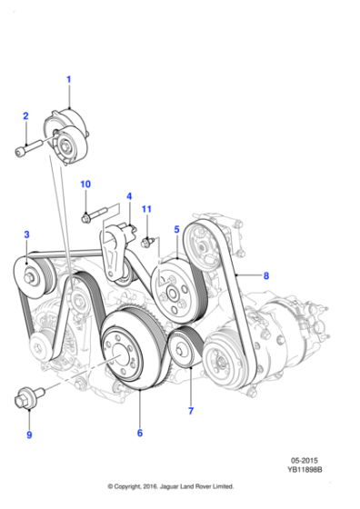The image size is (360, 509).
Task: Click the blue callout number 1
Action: coord(68,80)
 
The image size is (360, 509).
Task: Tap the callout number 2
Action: coord(25,116)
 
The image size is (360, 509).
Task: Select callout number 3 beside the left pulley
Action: coord(26,235)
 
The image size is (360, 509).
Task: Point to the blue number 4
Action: coord(129,196)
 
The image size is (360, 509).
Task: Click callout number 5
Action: coord(176,229)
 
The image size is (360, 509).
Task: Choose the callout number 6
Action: coord(140,433)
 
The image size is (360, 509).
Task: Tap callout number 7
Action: coord(191,411)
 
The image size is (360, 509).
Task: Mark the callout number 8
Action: coord(266,275)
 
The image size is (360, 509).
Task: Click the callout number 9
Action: coord(29,434)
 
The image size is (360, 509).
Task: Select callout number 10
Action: coord(85,184)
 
